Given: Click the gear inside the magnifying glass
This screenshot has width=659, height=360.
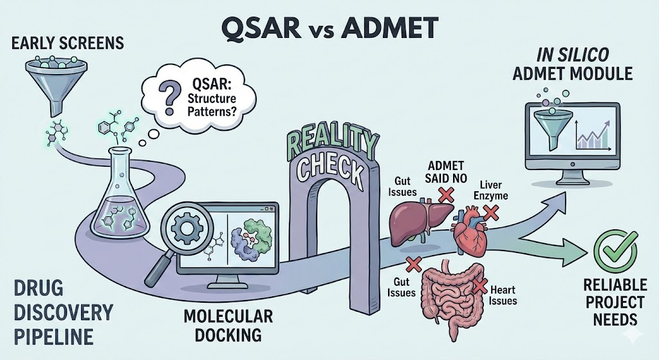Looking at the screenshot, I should (x=189, y=228).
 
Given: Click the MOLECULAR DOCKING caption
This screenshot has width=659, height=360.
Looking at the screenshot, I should (x=228, y=325).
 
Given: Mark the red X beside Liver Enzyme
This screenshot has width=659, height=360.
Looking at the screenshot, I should (x=492, y=211).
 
